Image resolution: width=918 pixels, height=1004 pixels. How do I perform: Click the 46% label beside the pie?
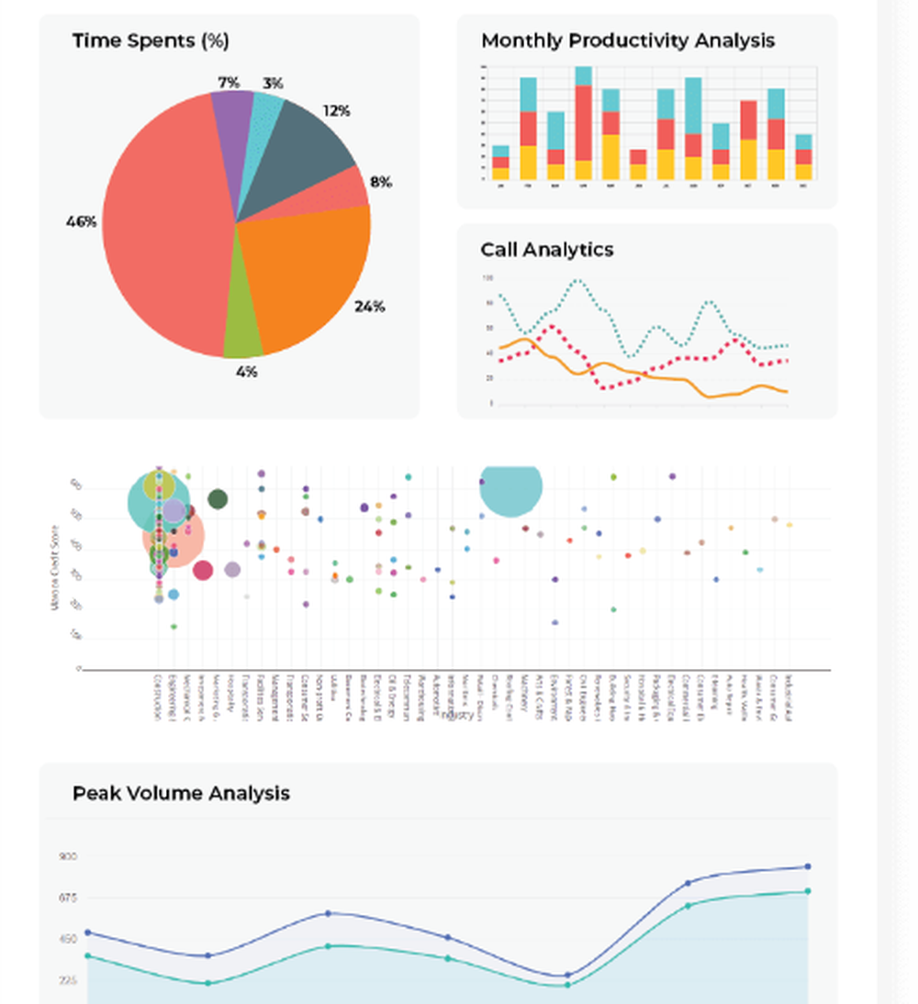click(x=81, y=221)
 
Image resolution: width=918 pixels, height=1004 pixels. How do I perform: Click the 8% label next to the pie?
click(x=381, y=182)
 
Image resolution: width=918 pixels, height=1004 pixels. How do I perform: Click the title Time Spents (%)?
click(x=151, y=40)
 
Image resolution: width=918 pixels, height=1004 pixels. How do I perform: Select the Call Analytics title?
click(x=547, y=250)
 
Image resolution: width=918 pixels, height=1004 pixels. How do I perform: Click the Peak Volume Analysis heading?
click(x=181, y=793)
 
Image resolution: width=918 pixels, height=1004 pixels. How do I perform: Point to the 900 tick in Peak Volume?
click(x=68, y=856)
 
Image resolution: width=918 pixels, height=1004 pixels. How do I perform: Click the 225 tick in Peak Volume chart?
click(x=68, y=981)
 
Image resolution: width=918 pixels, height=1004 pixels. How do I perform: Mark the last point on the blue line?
click(x=808, y=866)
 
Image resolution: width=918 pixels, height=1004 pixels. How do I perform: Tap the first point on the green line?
click(x=88, y=956)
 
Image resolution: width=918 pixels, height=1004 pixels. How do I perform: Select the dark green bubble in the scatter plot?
click(x=218, y=499)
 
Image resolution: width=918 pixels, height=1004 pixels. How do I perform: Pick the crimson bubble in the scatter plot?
click(x=203, y=570)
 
